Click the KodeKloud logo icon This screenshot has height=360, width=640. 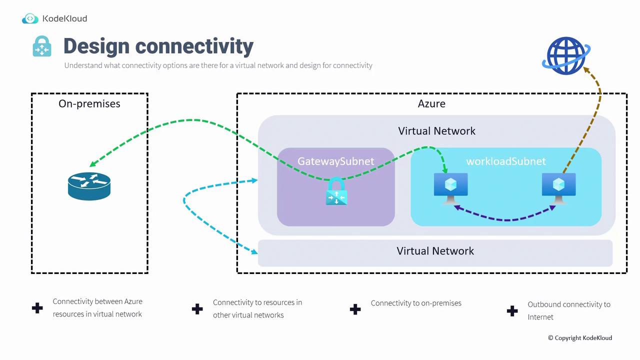[30, 19]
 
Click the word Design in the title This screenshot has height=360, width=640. [96, 46]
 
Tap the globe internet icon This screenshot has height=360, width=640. [565, 55]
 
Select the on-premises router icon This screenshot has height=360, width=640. [89, 186]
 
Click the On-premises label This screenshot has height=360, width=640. [89, 104]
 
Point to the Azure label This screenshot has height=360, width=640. [431, 104]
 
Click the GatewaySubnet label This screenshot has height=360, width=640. [335, 161]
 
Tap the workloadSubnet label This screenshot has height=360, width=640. [505, 161]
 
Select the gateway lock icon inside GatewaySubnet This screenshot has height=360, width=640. [336, 192]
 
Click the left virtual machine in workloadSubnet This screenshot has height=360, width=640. [451, 188]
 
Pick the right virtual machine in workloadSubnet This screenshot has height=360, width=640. [559, 188]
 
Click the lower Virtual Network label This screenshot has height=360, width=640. [435, 251]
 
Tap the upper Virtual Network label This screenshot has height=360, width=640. [436, 131]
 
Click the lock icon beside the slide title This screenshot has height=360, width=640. [42, 46]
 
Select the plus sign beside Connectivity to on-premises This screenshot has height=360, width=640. [355, 309]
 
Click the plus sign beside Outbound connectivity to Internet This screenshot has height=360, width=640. [512, 311]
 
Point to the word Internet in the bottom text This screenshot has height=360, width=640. [540, 317]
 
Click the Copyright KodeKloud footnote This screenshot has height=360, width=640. [579, 338]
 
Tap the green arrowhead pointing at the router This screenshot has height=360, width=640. [93, 164]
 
